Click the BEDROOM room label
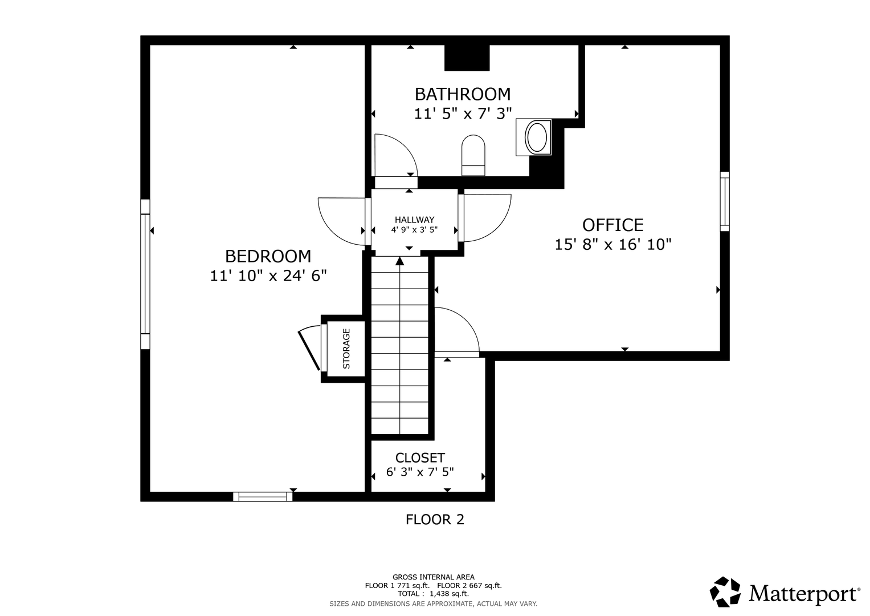(x=268, y=256)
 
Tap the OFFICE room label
(x=613, y=225)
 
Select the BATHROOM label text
(x=463, y=94)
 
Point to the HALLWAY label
(x=414, y=220)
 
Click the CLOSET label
(x=420, y=457)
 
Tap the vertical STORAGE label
(x=346, y=349)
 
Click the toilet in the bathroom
(x=473, y=156)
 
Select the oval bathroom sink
(x=536, y=137)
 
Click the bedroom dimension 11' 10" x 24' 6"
(x=268, y=275)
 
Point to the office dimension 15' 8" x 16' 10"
(x=613, y=245)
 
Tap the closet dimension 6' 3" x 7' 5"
(x=420, y=472)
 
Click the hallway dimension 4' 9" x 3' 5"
(x=414, y=230)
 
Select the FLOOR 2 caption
(x=435, y=520)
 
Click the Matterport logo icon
(x=725, y=592)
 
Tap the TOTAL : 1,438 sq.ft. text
(x=433, y=594)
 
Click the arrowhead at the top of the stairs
(x=399, y=261)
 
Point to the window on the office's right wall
(x=725, y=201)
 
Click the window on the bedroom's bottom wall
(x=263, y=497)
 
